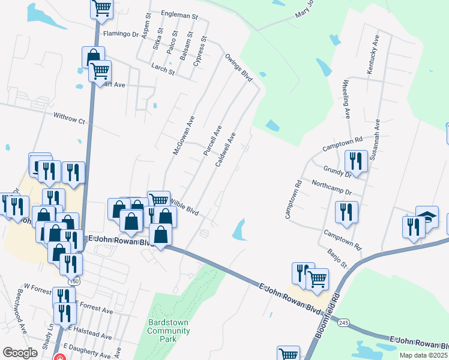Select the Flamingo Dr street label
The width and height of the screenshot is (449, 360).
[121, 34]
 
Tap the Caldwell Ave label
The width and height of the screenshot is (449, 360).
[230, 151]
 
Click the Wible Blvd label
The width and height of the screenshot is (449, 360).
[185, 208]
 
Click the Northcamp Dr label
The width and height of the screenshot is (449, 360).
[330, 187]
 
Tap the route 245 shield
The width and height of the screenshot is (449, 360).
[343, 323]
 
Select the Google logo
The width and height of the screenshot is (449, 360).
[20, 353]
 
